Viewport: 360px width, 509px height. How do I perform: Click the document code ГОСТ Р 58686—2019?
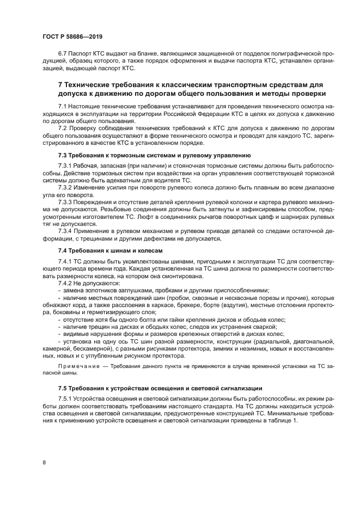coord(72,36)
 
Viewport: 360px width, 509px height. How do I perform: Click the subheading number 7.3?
coord(63,155)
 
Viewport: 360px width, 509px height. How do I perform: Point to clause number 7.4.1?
coord(65,262)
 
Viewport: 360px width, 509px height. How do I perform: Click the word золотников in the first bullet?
coord(98,291)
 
